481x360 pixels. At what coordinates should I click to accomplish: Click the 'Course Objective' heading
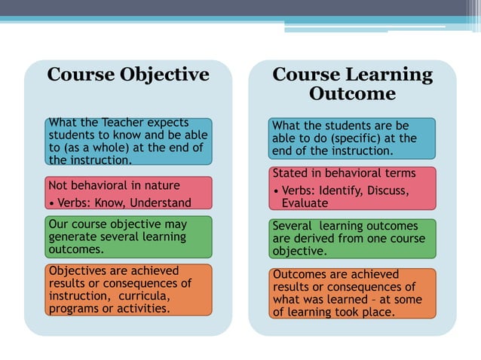tap(127, 75)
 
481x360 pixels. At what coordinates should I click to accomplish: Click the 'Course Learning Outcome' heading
tap(352, 84)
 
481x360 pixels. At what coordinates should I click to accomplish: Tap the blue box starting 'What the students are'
tap(352, 138)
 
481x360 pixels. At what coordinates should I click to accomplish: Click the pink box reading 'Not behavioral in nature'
tap(127, 193)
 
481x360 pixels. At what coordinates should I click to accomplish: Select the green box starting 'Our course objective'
tap(127, 236)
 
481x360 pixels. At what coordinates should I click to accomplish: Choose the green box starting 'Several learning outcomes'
tap(352, 238)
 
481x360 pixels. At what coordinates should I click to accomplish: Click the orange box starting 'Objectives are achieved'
tap(127, 289)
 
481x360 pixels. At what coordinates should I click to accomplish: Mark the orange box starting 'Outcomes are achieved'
tap(352, 293)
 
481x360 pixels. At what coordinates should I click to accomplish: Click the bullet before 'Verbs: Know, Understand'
tap(51, 203)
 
